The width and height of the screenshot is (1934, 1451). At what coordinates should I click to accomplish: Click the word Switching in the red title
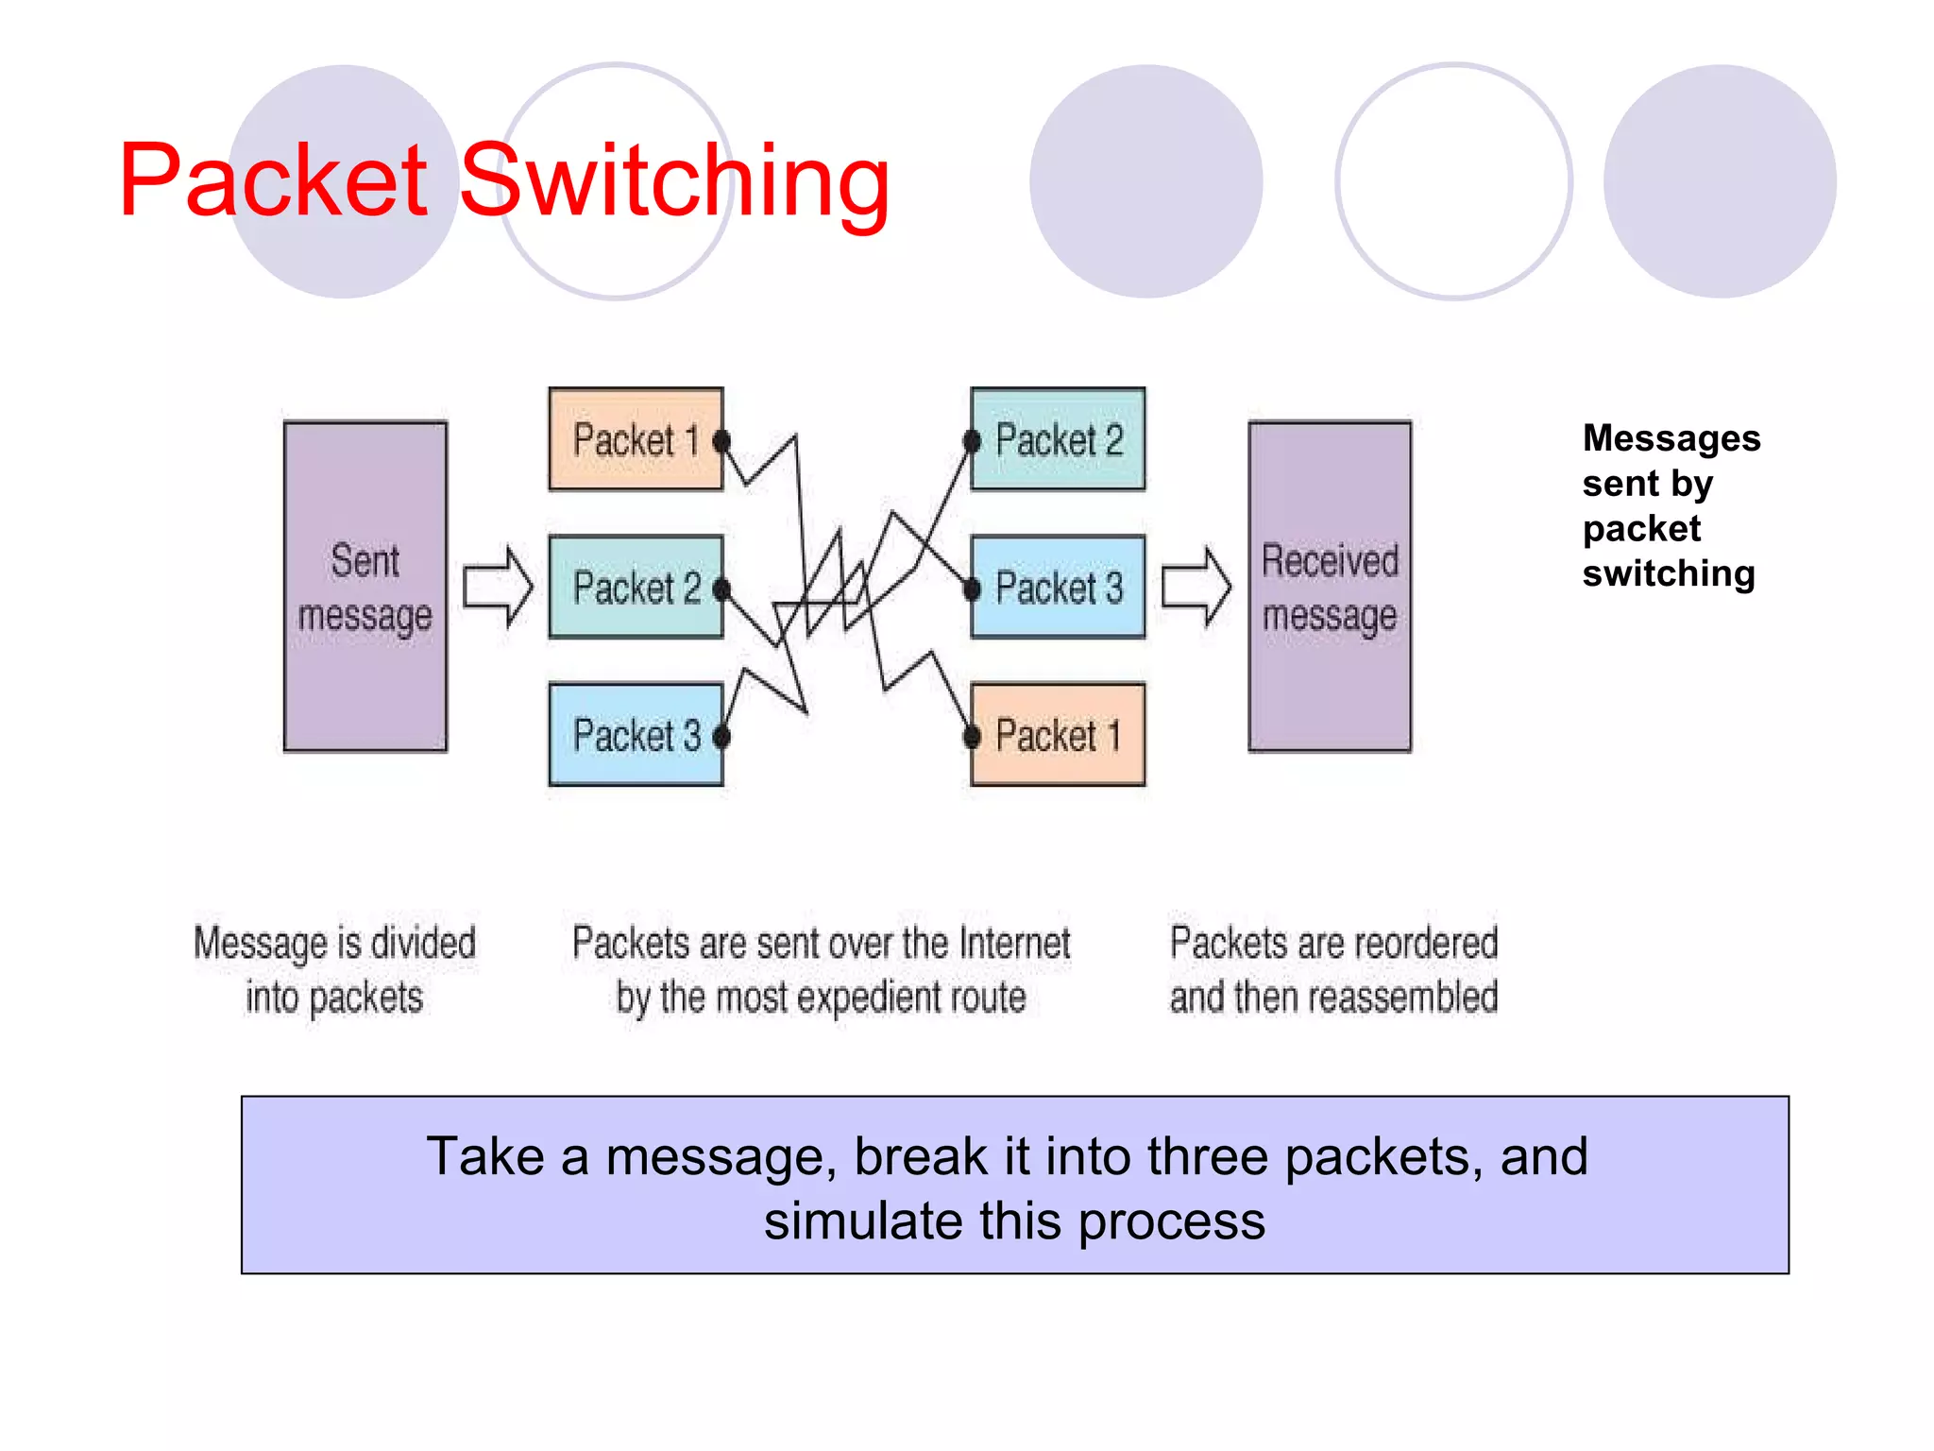pyautogui.click(x=674, y=181)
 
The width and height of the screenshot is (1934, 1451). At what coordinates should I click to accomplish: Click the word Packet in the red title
pyautogui.click(x=274, y=181)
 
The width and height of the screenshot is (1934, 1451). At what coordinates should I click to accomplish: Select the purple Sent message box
pyautogui.click(x=365, y=586)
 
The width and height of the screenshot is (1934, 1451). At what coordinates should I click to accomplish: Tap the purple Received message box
pyautogui.click(x=1330, y=586)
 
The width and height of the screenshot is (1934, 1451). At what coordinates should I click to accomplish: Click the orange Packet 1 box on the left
pyautogui.click(x=635, y=439)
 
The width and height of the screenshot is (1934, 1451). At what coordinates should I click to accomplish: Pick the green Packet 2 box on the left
pyautogui.click(x=635, y=587)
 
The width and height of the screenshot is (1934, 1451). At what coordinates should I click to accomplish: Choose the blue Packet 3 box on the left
pyautogui.click(x=635, y=734)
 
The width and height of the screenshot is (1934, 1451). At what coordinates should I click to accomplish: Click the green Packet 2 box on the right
pyautogui.click(x=1058, y=439)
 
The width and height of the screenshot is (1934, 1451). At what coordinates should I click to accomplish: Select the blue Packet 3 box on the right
pyautogui.click(x=1058, y=587)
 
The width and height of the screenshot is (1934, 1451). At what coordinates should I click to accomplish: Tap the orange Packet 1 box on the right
pyautogui.click(x=1058, y=734)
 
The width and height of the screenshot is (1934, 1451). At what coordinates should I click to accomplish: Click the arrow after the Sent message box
pyautogui.click(x=498, y=587)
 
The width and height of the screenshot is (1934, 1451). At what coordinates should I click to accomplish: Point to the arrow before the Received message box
pyautogui.click(x=1196, y=587)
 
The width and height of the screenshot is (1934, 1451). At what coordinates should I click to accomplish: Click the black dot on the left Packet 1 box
pyautogui.click(x=721, y=441)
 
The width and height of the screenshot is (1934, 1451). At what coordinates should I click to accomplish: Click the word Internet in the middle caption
pyautogui.click(x=1014, y=943)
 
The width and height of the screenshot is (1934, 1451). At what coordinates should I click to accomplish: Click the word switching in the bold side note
pyautogui.click(x=1668, y=573)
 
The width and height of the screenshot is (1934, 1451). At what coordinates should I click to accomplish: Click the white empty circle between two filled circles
pyautogui.click(x=1453, y=181)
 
